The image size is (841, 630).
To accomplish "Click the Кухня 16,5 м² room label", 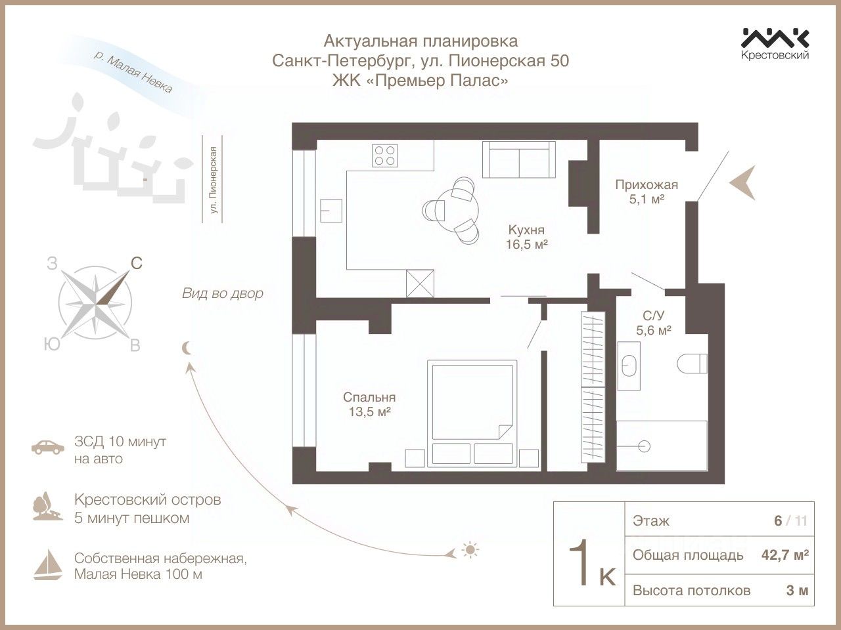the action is point(527,237).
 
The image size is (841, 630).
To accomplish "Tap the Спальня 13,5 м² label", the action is point(369,404).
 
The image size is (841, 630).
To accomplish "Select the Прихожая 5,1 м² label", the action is point(646,192).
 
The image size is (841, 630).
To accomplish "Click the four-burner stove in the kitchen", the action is point(386,156).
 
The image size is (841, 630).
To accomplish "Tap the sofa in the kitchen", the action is point(516,159).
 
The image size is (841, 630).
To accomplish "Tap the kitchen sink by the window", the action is point(331,211).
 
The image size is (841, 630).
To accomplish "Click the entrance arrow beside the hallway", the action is point(744,182).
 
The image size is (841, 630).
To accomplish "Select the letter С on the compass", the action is point(136,263).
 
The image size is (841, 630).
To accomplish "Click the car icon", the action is point(48,448).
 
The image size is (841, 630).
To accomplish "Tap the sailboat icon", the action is point(48,565).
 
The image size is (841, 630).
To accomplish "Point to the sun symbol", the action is point(469,549).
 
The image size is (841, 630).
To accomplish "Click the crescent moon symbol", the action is point(188,348).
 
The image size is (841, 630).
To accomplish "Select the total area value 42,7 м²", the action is point(784,555).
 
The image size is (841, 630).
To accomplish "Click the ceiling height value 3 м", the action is point(797,590).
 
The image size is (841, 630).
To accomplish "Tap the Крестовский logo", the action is point(775,43).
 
